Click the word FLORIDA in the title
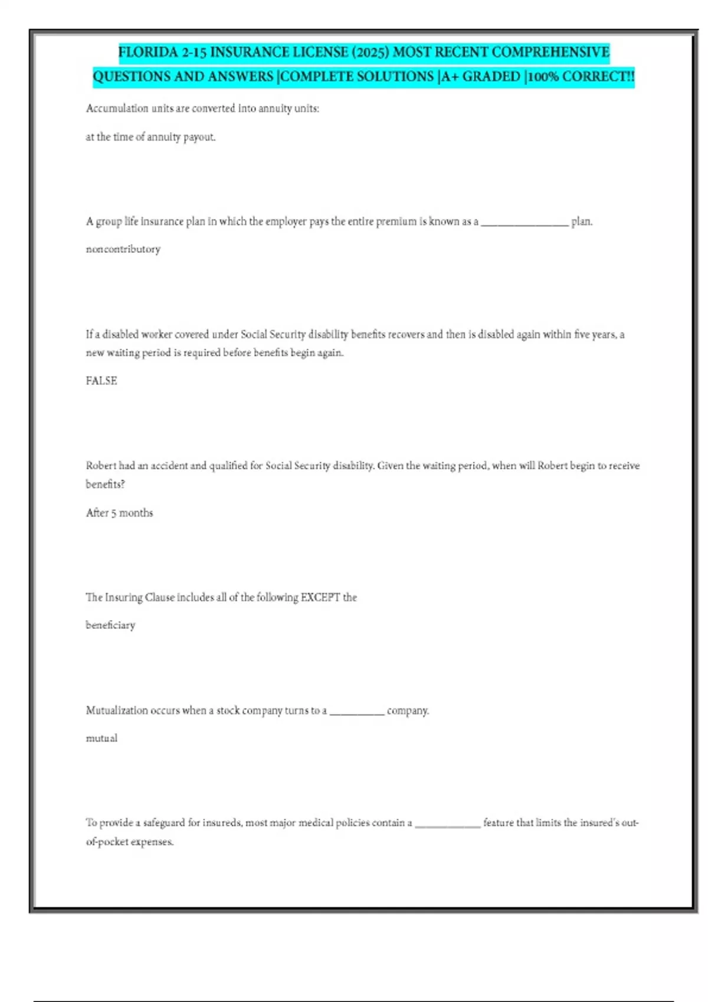point(148,52)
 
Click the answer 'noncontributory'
point(123,249)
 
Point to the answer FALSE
point(101,381)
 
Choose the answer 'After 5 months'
point(119,513)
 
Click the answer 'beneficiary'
point(110,625)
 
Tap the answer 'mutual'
point(101,738)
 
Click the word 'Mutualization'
point(116,710)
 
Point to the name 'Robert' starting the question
point(101,466)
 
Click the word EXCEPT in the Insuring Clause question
point(320,597)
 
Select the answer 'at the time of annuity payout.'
point(150,137)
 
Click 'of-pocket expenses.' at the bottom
point(130,842)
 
